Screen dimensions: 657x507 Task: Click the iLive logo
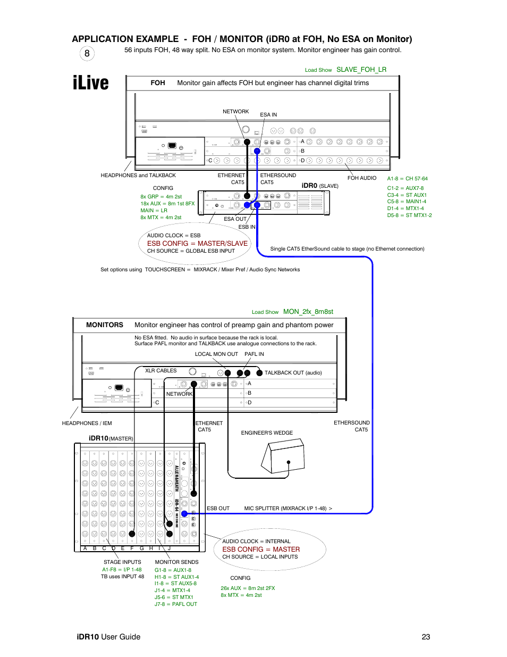click(x=91, y=83)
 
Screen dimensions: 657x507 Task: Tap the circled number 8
click(x=87, y=53)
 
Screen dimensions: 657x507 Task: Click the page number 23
click(x=426, y=637)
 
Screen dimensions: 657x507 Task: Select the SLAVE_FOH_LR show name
click(x=361, y=70)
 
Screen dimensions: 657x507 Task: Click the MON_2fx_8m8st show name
click(x=308, y=312)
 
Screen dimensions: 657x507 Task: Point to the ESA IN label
click(x=268, y=115)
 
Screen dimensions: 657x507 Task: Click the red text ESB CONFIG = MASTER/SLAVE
click(x=197, y=244)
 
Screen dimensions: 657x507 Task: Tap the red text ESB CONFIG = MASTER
click(x=261, y=550)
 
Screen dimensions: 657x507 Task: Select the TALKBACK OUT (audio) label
click(x=293, y=373)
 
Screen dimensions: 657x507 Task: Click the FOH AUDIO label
click(x=362, y=178)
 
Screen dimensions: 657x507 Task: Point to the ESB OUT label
click(x=218, y=509)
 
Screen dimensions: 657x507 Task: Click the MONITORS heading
click(x=105, y=325)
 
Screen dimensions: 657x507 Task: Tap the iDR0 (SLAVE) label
click(x=320, y=186)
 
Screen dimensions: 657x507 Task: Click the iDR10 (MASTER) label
click(x=111, y=438)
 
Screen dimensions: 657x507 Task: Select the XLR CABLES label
click(x=161, y=371)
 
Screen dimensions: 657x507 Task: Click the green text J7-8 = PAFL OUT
click(x=176, y=604)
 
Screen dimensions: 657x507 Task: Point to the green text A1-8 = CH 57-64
click(x=407, y=179)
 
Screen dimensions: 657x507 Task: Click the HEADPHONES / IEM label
click(x=87, y=423)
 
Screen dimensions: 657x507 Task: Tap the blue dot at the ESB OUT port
click(x=184, y=514)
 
